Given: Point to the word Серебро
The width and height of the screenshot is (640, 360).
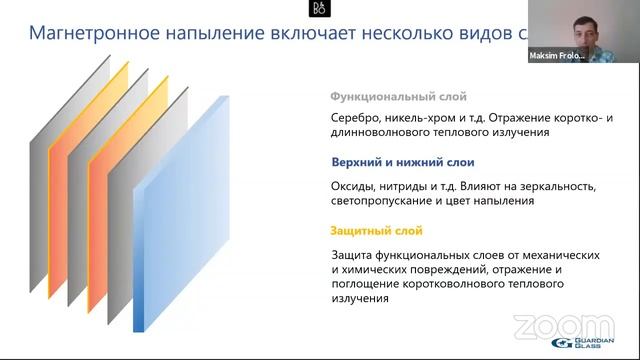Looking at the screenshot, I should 356,117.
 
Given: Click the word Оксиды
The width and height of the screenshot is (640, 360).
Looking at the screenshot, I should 354,186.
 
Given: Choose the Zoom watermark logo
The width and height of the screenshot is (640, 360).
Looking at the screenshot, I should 549,325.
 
